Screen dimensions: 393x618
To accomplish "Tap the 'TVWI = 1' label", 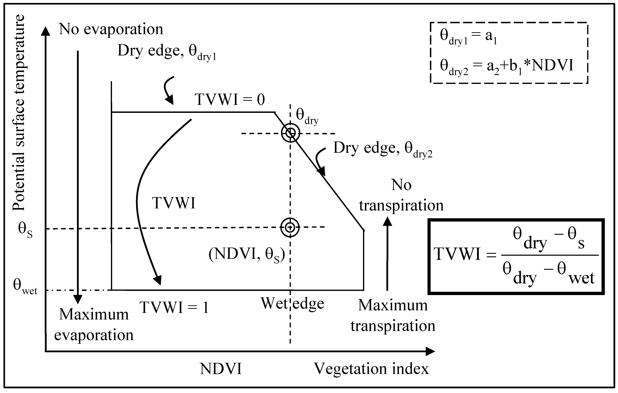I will click(x=174, y=307).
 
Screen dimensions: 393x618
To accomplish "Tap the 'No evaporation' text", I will click(x=111, y=29).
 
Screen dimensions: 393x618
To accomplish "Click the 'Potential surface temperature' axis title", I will click(x=19, y=113).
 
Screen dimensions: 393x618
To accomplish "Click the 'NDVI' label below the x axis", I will click(x=221, y=369).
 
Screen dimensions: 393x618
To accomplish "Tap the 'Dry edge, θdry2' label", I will click(x=382, y=149).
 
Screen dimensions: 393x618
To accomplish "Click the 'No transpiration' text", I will click(x=401, y=195).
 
